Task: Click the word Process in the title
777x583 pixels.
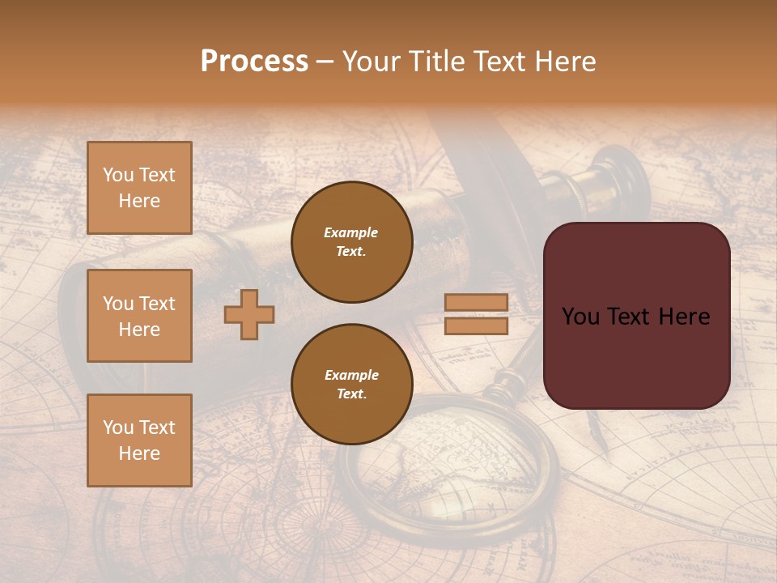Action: (254, 62)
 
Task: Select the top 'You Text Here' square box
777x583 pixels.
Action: (139, 188)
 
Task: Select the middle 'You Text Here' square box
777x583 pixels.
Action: (139, 316)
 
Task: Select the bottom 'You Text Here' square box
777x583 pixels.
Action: (139, 440)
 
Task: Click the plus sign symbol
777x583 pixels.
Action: (248, 314)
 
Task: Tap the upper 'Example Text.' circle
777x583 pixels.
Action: (351, 242)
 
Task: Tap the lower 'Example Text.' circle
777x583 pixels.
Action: (351, 385)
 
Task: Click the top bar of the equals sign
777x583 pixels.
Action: (476, 302)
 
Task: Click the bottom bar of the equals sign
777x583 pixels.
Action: (476, 326)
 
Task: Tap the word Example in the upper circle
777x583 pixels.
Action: (351, 232)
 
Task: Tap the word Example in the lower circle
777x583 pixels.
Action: (351, 375)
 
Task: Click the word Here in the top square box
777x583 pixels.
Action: (139, 201)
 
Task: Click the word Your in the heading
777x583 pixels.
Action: (373, 62)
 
